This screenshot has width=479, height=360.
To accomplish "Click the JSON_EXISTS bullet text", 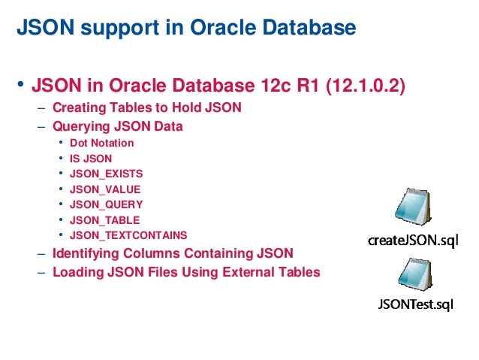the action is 105,173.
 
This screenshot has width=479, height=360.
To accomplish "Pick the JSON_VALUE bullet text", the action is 104,189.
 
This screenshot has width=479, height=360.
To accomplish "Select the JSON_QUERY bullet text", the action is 105,204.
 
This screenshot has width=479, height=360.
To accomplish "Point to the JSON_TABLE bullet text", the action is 104,220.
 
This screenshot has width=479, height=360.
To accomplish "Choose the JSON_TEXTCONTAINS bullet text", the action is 128,236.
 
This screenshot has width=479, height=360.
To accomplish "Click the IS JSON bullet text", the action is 90,158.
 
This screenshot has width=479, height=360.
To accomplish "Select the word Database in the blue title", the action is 303,29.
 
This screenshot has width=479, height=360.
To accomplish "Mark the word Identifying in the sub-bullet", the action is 87,253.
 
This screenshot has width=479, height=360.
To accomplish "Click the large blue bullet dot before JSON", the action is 21,85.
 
